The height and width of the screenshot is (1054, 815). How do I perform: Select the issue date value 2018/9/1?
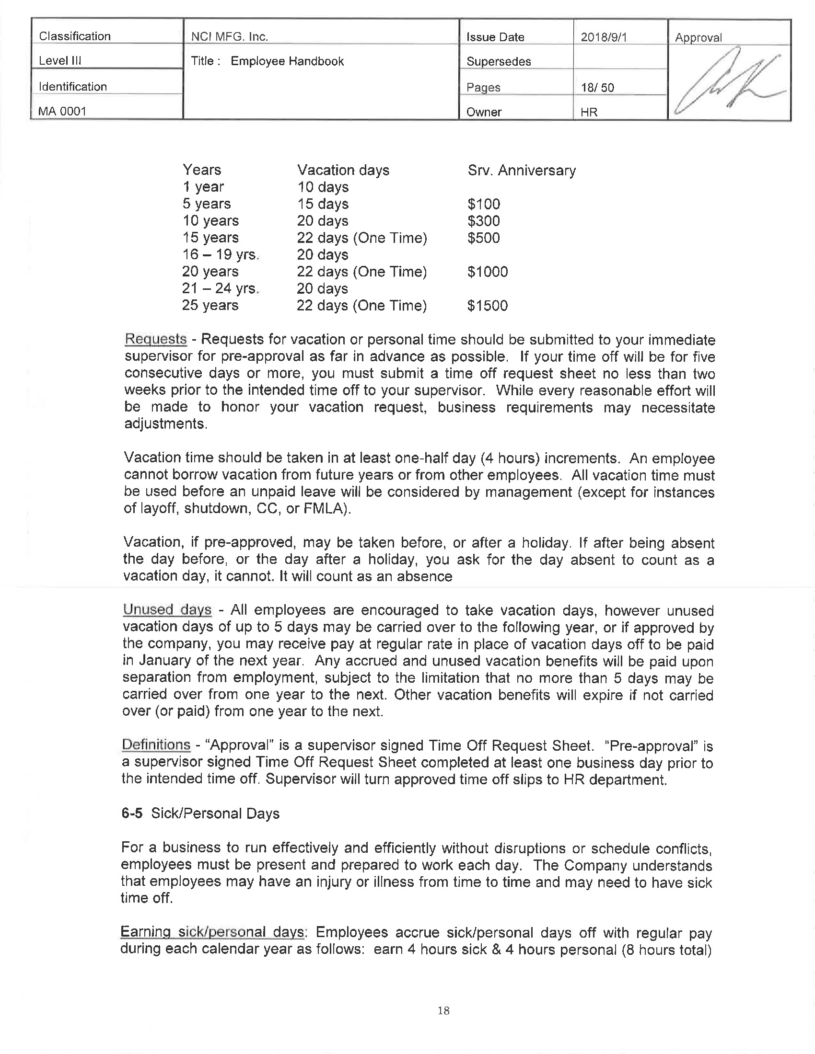point(604,37)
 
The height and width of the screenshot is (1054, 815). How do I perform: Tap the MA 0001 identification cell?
point(63,111)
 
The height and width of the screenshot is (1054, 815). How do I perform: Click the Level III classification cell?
point(60,60)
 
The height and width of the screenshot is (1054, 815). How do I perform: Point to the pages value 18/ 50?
point(597,87)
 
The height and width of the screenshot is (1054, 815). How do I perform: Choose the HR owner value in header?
point(589,112)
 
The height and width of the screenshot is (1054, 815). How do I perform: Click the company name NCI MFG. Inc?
point(229,37)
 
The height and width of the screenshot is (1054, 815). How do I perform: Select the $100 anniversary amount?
point(484,204)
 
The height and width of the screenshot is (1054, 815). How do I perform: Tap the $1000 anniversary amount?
point(488,272)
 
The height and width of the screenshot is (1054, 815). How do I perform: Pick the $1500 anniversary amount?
point(488,306)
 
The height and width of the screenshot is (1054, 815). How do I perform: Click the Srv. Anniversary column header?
point(522,171)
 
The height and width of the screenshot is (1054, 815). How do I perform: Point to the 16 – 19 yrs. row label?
point(221,254)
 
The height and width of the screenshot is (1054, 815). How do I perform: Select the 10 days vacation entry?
point(323,187)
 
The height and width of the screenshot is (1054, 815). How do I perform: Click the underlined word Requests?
point(155,339)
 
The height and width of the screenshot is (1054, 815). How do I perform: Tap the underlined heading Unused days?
point(167,609)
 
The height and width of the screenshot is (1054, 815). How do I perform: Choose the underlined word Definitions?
point(156,745)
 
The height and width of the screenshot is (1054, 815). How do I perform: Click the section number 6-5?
point(132,813)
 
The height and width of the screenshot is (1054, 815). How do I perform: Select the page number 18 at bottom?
point(443,1010)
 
